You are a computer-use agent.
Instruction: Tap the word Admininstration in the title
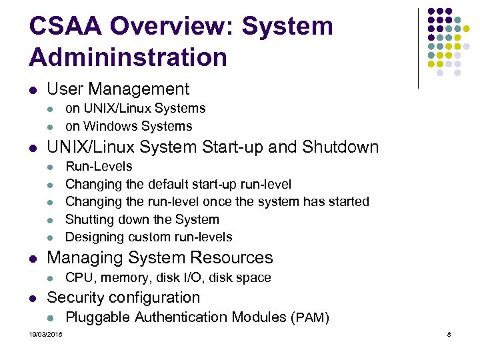tap(128, 57)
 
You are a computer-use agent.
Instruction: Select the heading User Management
tap(118, 89)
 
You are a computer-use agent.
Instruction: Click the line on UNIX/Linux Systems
tap(135, 108)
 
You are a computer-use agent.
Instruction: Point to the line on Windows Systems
tap(129, 126)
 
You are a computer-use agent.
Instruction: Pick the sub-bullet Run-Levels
tap(99, 166)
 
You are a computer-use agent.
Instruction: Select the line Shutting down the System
tap(142, 219)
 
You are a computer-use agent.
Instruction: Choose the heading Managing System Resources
tap(160, 257)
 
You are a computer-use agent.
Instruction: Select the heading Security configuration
tap(123, 297)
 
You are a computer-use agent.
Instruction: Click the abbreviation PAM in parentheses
tap(311, 318)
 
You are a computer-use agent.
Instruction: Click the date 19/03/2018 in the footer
tap(45, 334)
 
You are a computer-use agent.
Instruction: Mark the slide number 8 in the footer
tap(449, 334)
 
